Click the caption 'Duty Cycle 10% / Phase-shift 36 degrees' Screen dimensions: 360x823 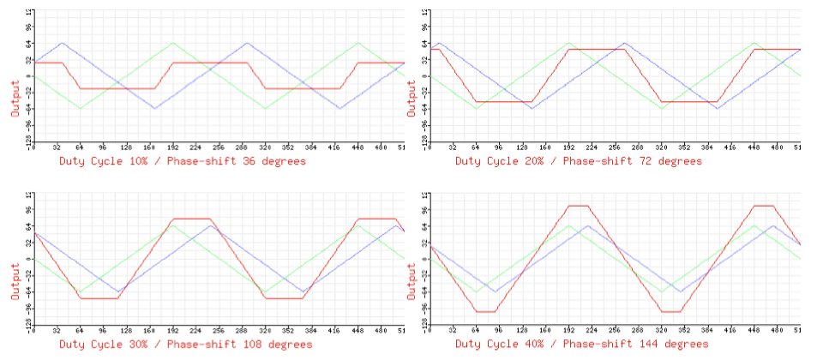[183, 160]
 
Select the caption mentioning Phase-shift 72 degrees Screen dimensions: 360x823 [578, 160]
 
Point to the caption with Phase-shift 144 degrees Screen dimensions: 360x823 [582, 344]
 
